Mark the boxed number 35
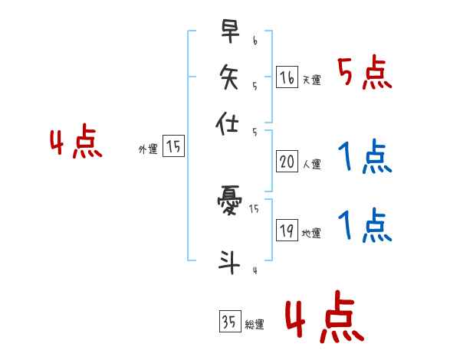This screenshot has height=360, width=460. [229, 322]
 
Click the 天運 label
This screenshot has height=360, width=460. [311, 80]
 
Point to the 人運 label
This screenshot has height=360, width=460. [311, 164]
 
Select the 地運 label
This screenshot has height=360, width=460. [311, 233]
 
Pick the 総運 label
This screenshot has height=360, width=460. [254, 325]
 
